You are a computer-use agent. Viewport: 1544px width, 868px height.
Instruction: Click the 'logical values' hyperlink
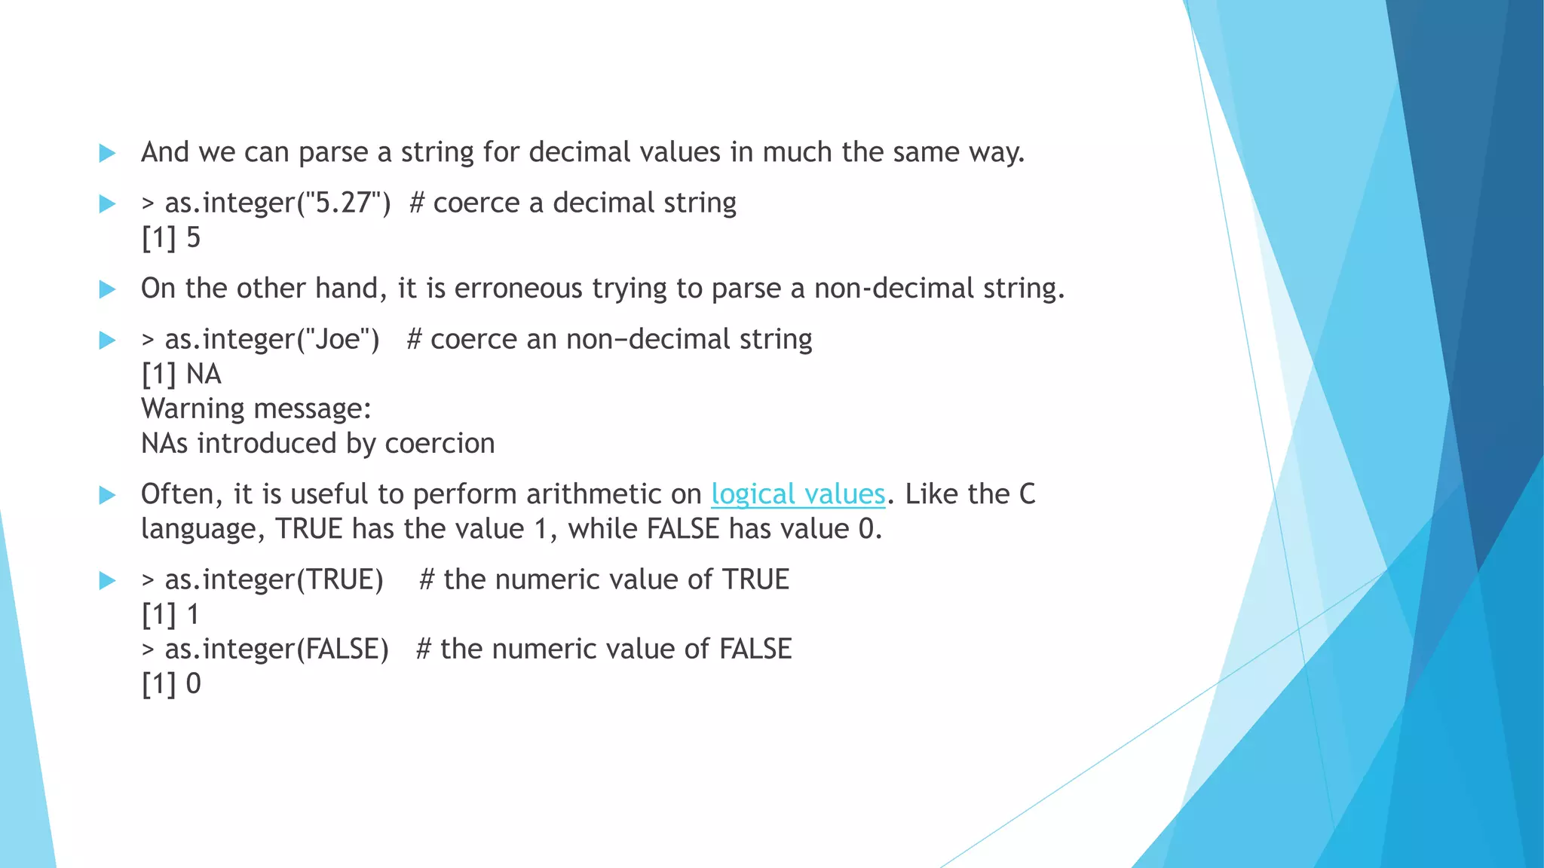click(x=798, y=494)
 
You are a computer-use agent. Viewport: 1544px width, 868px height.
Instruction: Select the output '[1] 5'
click(x=171, y=238)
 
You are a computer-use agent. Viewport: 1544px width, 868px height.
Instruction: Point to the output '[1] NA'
click(x=181, y=374)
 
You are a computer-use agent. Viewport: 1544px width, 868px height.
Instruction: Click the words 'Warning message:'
click(x=256, y=408)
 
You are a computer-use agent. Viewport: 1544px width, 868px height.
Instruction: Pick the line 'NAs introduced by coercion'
click(x=317, y=443)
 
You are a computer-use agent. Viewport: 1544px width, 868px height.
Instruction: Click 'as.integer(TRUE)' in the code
click(x=274, y=579)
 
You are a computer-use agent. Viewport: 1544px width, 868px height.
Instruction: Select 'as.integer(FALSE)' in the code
click(x=277, y=649)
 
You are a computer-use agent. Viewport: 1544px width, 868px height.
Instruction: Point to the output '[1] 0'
click(x=171, y=684)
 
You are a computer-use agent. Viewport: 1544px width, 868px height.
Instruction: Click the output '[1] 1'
click(x=170, y=615)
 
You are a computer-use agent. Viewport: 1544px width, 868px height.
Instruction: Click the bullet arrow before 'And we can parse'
click(x=108, y=153)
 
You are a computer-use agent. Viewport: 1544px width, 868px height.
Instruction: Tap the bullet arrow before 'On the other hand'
click(x=108, y=289)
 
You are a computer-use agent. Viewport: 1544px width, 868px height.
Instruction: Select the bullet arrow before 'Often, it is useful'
click(x=108, y=495)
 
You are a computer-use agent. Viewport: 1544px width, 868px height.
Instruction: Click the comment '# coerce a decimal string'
click(x=572, y=203)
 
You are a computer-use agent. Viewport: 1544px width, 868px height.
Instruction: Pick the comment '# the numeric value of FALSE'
click(x=603, y=649)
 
